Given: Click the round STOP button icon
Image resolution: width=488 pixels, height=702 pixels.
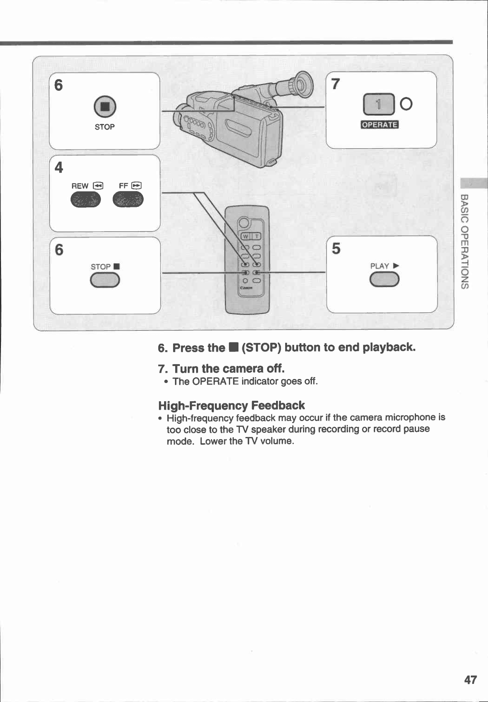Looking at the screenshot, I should [105, 107].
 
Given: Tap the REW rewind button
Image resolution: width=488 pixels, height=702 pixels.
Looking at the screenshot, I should [85, 199].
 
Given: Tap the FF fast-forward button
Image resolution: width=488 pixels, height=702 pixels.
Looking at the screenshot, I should [128, 199].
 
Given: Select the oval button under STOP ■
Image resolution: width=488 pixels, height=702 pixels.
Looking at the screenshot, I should [105, 281].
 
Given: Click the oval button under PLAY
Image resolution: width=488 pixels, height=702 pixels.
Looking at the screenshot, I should [384, 280].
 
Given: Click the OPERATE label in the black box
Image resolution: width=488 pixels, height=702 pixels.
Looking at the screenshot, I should [380, 125].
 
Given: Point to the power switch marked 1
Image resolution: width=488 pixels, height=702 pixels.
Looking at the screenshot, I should [379, 104].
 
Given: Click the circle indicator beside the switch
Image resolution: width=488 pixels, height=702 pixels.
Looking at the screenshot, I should [406, 104].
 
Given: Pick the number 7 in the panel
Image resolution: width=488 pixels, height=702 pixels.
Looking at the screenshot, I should [335, 84].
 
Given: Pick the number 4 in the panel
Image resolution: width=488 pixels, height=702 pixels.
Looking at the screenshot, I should [59, 168].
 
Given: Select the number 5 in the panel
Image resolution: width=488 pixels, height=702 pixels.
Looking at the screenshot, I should [336, 248].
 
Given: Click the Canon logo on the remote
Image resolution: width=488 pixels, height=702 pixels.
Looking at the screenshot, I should [246, 288].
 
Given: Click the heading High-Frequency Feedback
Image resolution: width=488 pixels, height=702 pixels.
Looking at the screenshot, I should [231, 405].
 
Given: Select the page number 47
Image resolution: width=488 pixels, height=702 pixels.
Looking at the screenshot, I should [470, 680].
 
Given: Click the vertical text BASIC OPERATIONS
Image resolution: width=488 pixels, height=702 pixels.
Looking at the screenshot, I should [465, 241].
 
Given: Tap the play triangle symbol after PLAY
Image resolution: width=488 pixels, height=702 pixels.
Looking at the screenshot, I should [396, 266].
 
